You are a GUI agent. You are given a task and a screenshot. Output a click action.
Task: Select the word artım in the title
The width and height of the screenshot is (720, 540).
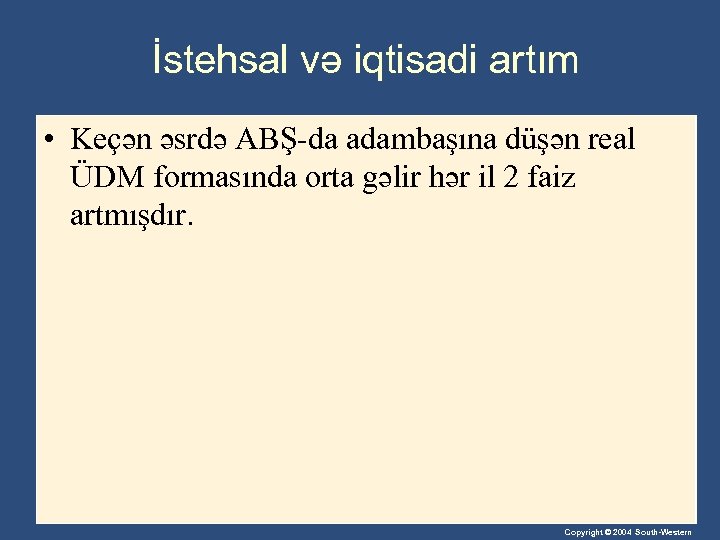[x=533, y=60]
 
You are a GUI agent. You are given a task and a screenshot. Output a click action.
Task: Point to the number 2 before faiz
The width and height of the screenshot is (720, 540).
[x=513, y=177]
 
